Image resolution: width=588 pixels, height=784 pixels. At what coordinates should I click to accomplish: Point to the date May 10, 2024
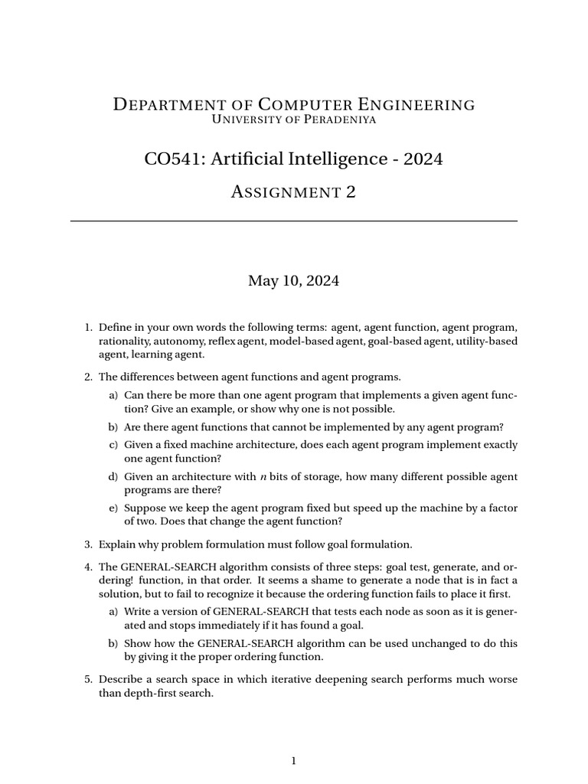tap(293, 281)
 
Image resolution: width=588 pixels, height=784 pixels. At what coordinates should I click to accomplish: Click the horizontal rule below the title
tap(293, 221)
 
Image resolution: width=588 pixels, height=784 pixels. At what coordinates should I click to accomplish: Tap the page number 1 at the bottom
tap(293, 760)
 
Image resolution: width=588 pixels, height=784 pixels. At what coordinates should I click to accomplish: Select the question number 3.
tap(87, 544)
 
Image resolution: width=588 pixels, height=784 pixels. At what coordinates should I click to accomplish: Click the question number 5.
tap(87, 679)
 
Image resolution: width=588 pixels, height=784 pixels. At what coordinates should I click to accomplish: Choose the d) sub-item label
tap(113, 476)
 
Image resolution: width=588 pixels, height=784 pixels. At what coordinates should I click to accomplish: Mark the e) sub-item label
tap(113, 508)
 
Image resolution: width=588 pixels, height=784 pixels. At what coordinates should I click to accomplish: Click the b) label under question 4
tap(113, 643)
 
